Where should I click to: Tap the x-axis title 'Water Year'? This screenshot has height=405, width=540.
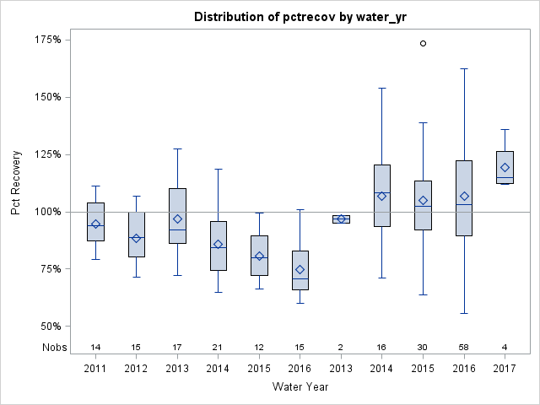click(300, 386)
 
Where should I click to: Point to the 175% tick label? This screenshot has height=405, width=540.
click(46, 40)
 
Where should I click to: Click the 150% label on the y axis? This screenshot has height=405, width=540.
click(46, 97)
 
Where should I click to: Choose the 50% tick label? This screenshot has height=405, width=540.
click(49, 327)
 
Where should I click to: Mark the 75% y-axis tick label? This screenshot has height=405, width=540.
click(49, 269)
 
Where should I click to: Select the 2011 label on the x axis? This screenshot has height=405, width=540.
click(95, 368)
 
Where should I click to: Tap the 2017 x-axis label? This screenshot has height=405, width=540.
click(505, 368)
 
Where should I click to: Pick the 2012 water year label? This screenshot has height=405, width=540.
click(137, 368)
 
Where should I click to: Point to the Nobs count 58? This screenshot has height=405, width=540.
click(464, 347)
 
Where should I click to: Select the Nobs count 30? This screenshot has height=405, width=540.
click(424, 347)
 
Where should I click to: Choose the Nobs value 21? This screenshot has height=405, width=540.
click(219, 347)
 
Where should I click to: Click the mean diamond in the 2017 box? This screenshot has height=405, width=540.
click(505, 167)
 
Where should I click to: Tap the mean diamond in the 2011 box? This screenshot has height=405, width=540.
click(96, 224)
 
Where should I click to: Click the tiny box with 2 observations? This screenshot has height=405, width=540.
click(342, 219)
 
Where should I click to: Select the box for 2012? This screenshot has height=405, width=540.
click(137, 235)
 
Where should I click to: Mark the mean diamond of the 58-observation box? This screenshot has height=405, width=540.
click(464, 197)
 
